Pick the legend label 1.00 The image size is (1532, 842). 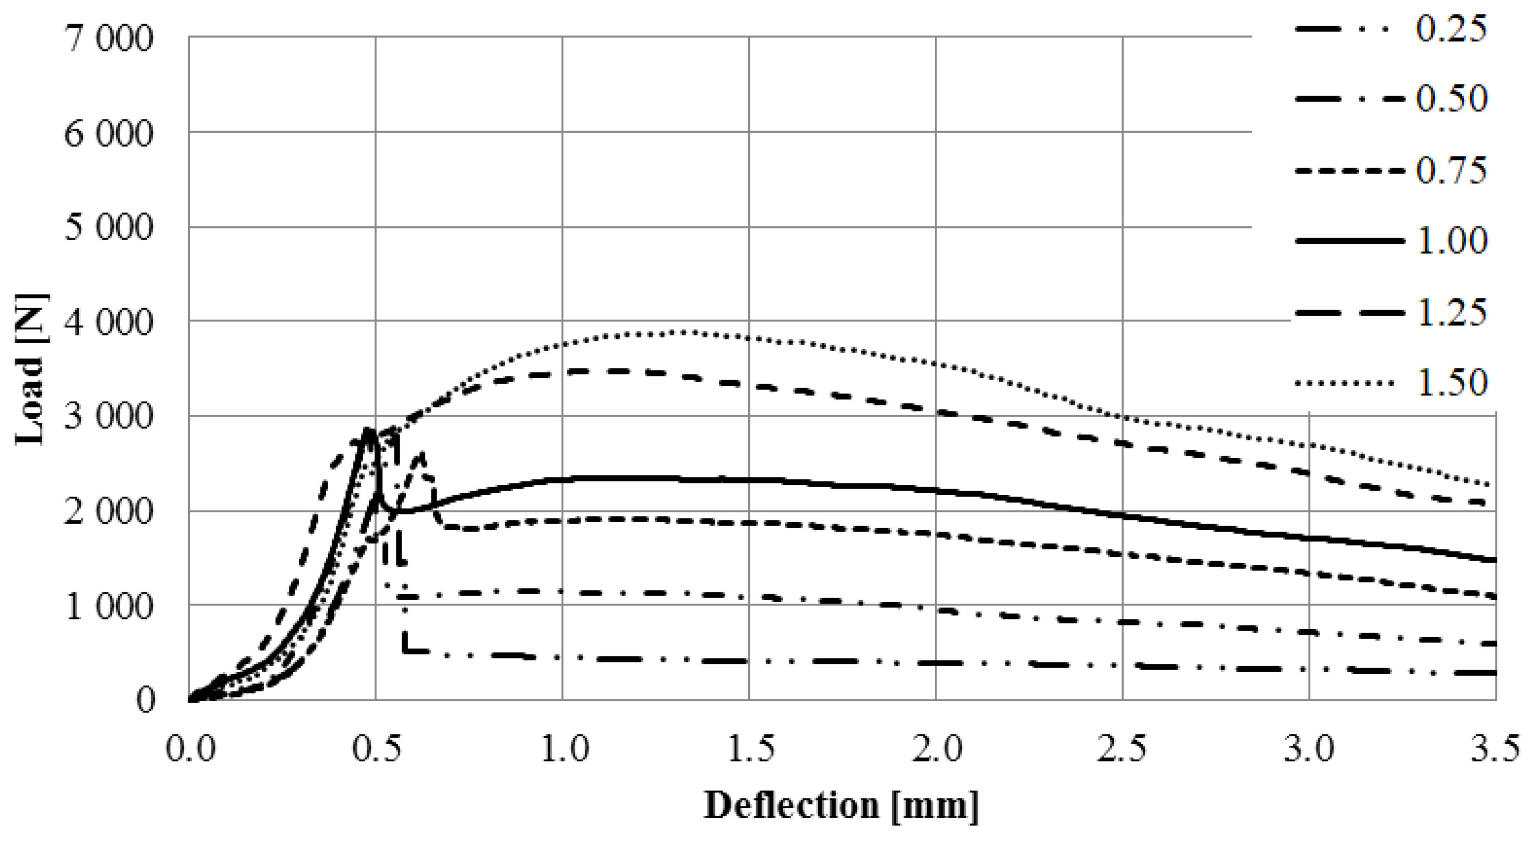click(1451, 241)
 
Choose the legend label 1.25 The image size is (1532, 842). click(1451, 313)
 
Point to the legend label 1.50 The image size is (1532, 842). click(1451, 384)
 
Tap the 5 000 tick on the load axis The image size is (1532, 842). click(110, 229)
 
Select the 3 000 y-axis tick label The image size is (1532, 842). click(110, 418)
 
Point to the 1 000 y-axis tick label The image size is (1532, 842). click(110, 606)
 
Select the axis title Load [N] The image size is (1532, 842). click(31, 369)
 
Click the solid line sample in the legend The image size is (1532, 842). click(1349, 241)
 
